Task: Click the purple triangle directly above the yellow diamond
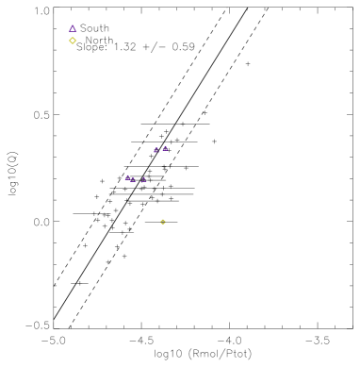[73, 28]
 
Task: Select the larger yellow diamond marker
[73, 41]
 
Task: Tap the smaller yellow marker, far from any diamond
[163, 222]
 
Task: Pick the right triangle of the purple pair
[165, 148]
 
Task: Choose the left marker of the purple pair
[156, 150]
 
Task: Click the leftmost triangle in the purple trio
[128, 177]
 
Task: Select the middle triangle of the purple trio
[134, 179]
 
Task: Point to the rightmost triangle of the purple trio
[144, 179]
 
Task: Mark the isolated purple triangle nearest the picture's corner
[73, 28]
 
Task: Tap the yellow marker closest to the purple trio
[163, 222]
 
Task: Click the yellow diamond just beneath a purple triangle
[73, 41]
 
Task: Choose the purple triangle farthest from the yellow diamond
[144, 179]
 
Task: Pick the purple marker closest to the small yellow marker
[144, 179]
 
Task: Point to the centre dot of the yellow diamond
[73, 41]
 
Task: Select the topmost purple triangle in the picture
[73, 28]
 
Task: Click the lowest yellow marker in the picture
[163, 222]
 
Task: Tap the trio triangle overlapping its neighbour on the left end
[128, 177]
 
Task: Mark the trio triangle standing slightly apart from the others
[144, 179]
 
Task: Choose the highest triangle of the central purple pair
[165, 148]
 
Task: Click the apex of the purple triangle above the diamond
[73, 25]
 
